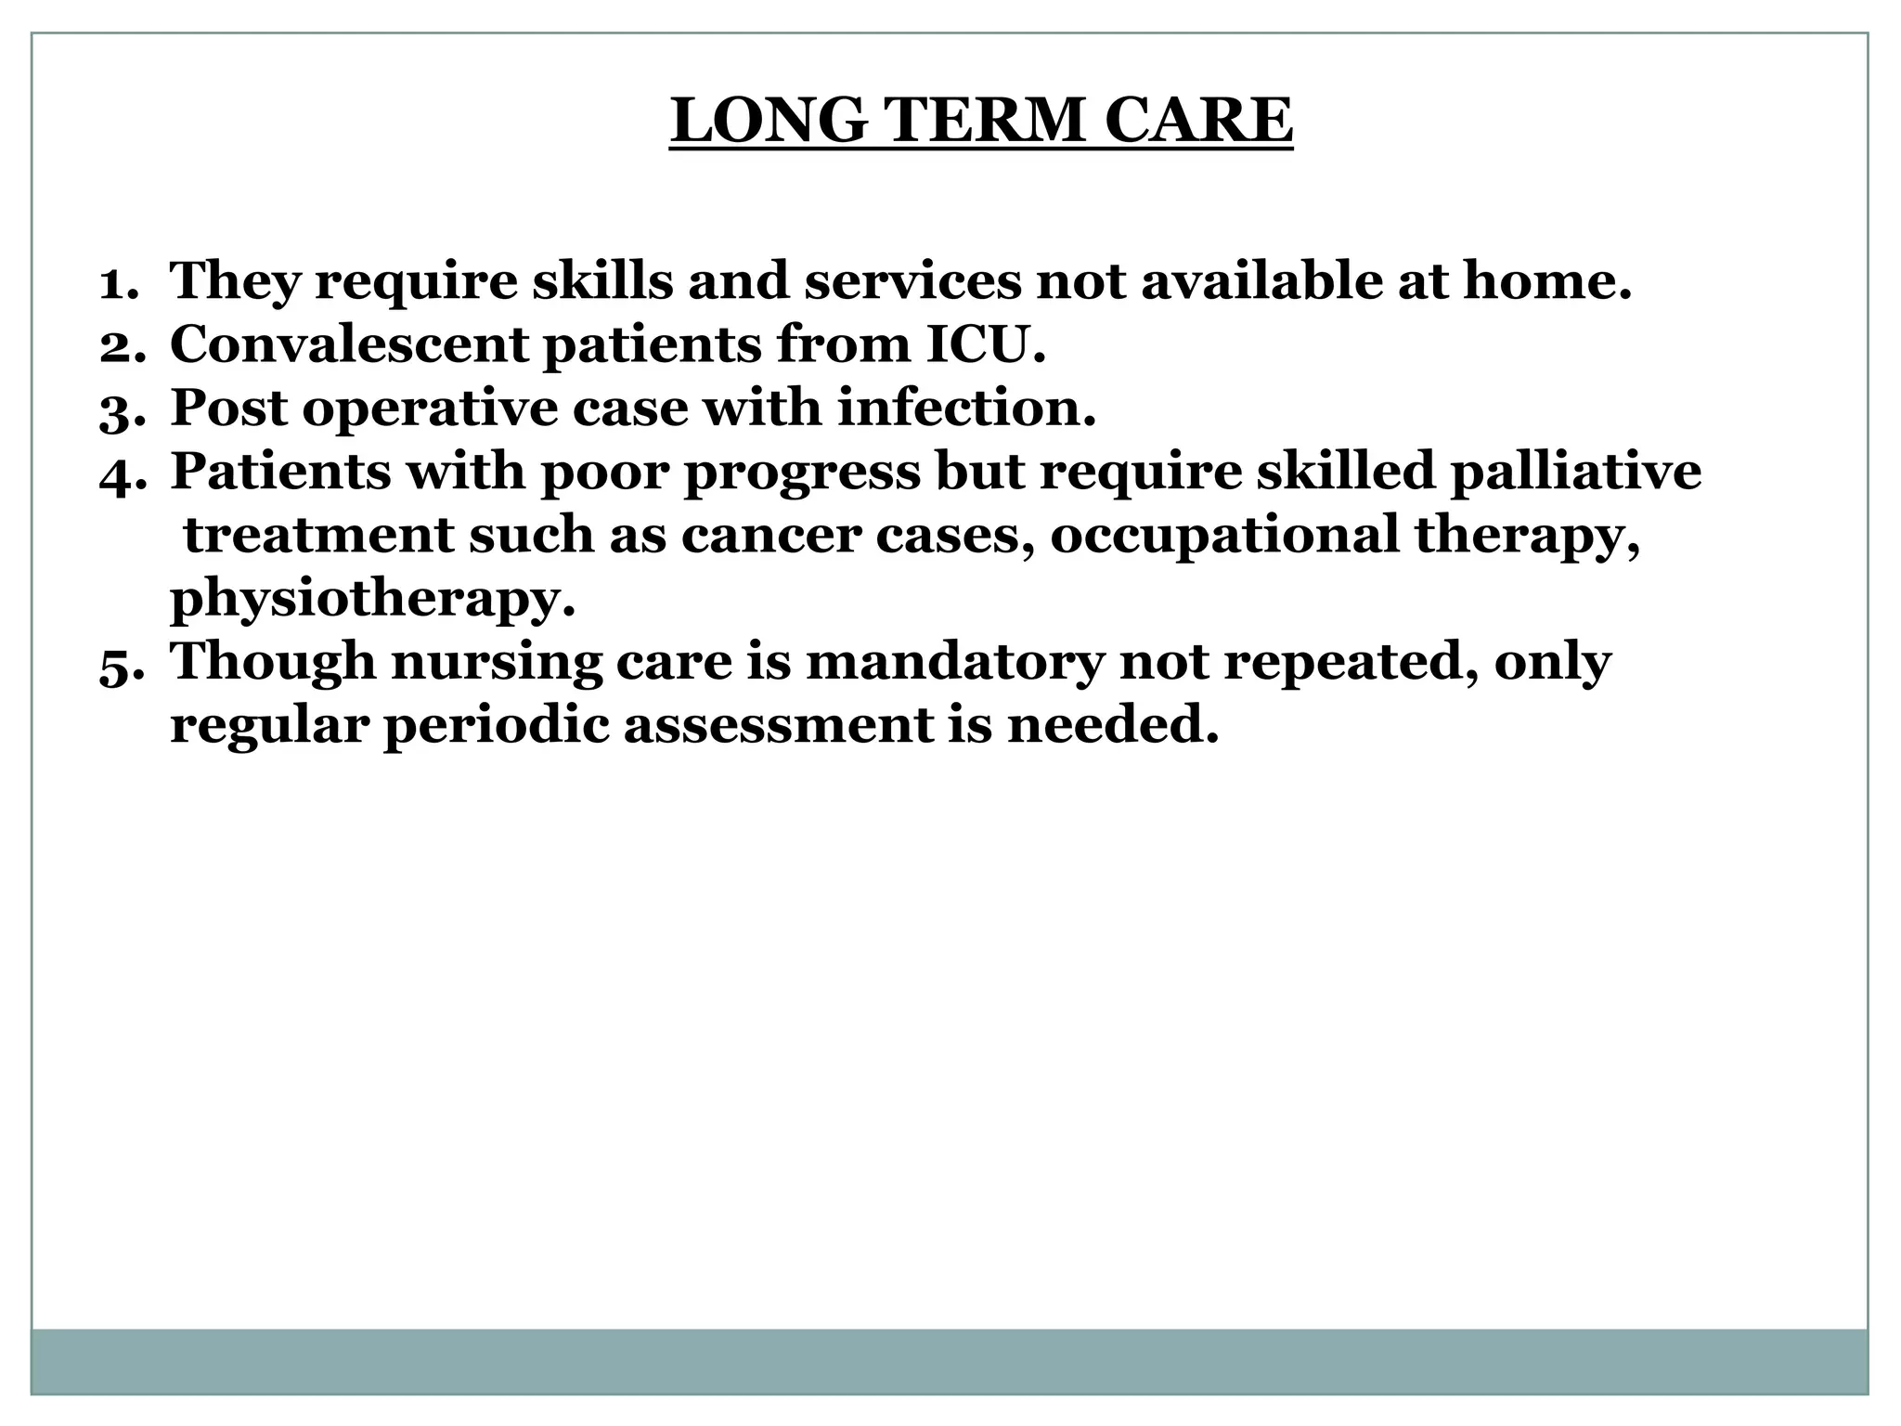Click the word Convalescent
[349, 344]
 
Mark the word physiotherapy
[372, 601]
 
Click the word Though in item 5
[273, 664]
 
